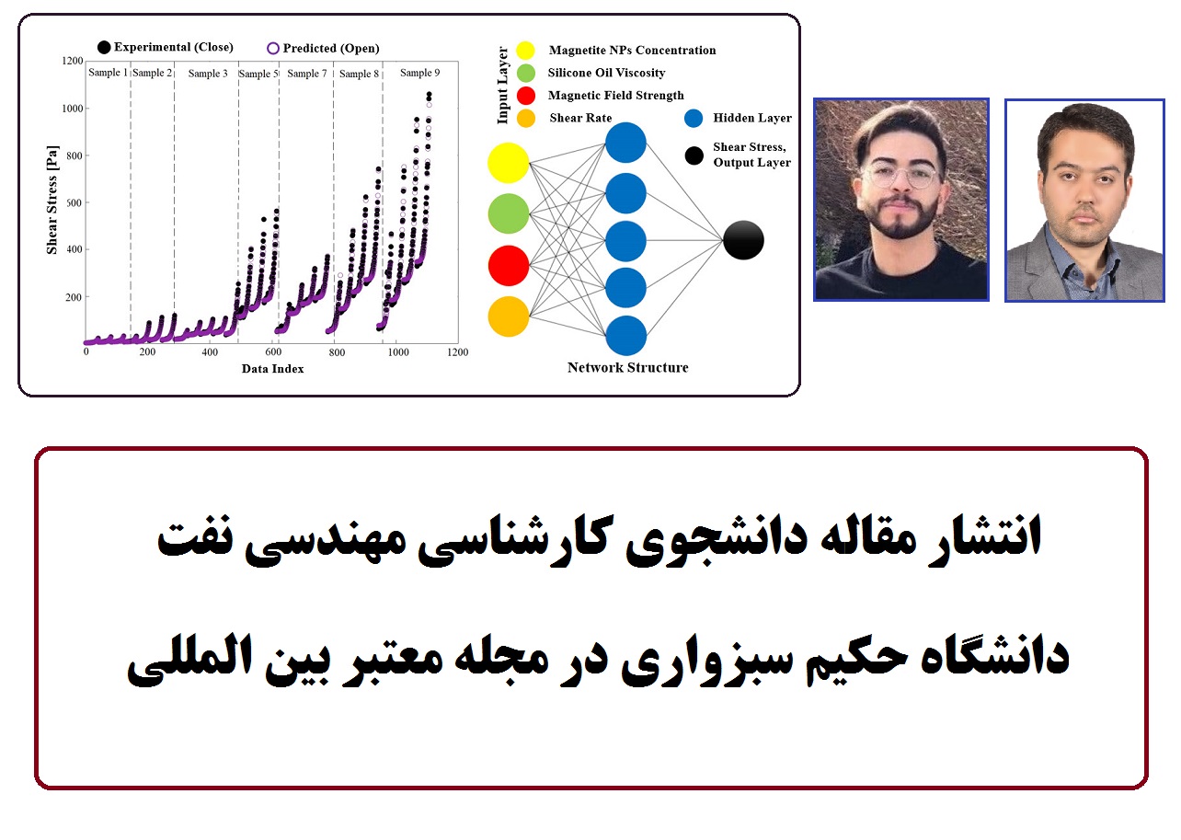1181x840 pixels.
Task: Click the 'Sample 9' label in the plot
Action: pyautogui.click(x=419, y=73)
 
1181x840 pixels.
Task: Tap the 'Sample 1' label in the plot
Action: pyautogui.click(x=108, y=73)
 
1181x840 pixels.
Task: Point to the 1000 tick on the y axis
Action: pyautogui.click(x=74, y=108)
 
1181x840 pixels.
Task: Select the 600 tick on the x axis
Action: pyautogui.click(x=273, y=351)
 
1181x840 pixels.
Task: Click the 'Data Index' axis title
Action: pyautogui.click(x=272, y=369)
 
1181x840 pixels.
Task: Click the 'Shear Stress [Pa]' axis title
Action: pyautogui.click(x=52, y=200)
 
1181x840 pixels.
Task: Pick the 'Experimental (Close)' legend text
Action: pyautogui.click(x=174, y=47)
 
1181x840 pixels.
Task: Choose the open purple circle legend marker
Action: pyautogui.click(x=272, y=49)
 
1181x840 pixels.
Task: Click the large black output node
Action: pyautogui.click(x=743, y=240)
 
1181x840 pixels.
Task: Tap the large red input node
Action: pyautogui.click(x=509, y=265)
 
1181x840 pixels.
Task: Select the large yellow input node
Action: pyautogui.click(x=509, y=163)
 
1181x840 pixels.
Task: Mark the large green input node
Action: pyautogui.click(x=509, y=213)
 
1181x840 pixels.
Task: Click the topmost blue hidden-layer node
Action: pyautogui.click(x=625, y=143)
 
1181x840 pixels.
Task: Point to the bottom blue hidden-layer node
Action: pyautogui.click(x=625, y=336)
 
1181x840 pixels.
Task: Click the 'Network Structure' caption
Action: pyautogui.click(x=628, y=367)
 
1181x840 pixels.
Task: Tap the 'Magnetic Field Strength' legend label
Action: pyautogui.click(x=616, y=96)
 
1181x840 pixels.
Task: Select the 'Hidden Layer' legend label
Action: pyautogui.click(x=752, y=118)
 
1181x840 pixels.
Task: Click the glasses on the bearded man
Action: pyautogui.click(x=900, y=176)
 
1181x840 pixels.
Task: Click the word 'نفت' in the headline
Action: pyautogui.click(x=195, y=539)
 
